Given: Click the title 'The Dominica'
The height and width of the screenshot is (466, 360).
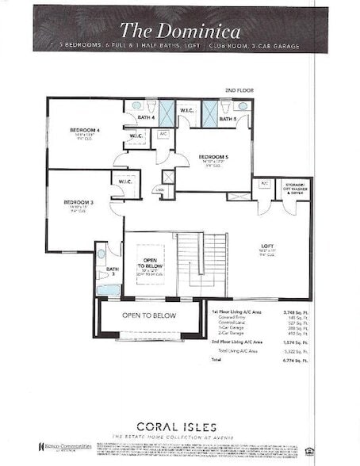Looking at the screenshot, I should (x=180, y=31).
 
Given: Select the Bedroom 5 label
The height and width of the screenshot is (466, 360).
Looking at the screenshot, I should (x=213, y=157).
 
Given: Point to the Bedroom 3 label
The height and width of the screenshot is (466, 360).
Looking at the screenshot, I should (x=79, y=203).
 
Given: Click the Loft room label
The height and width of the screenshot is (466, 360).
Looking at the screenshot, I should (x=268, y=246).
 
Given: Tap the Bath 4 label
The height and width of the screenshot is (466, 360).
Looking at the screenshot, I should (x=145, y=118).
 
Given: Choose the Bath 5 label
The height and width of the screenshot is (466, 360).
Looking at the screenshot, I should (x=228, y=119).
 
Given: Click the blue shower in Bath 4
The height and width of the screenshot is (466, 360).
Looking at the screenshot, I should (x=167, y=113).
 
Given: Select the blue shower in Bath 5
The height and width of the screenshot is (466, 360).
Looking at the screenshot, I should (x=210, y=113).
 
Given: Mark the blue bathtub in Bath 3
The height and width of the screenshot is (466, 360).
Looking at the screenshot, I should (x=108, y=290).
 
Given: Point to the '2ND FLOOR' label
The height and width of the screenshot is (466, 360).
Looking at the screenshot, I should (x=239, y=91).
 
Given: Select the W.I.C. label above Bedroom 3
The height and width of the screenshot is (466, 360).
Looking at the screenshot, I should (x=126, y=181).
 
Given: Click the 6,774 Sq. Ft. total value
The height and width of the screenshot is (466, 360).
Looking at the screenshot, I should (x=297, y=360).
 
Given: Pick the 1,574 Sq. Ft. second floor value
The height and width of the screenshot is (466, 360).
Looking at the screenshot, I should (x=297, y=342).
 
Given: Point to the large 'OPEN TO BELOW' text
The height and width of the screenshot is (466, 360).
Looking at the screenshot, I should (x=148, y=315).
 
